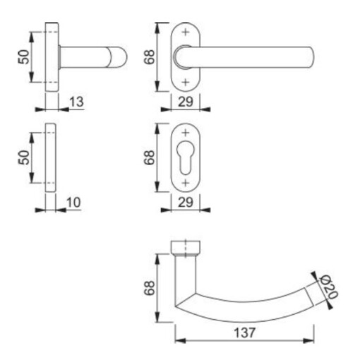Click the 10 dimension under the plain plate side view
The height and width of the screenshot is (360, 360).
coord(73,203)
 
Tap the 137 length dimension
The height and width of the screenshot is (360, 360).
coord(243,332)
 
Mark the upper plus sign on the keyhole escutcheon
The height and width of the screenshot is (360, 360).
coord(186,133)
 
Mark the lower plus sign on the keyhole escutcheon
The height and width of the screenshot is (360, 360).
coord(186,183)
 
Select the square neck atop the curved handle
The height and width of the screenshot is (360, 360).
coord(186,247)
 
